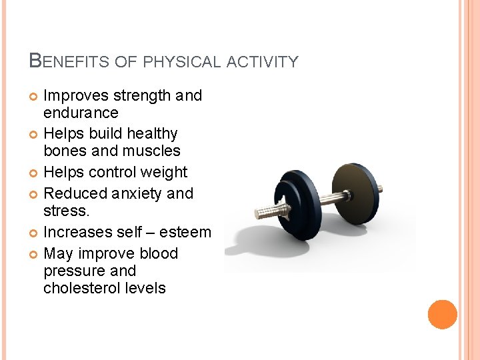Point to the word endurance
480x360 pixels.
click(x=81, y=113)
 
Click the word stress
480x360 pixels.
click(x=65, y=211)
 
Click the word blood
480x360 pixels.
click(x=159, y=254)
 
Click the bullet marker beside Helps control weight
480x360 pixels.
click(x=34, y=173)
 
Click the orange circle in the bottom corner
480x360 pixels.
click(x=442, y=315)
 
